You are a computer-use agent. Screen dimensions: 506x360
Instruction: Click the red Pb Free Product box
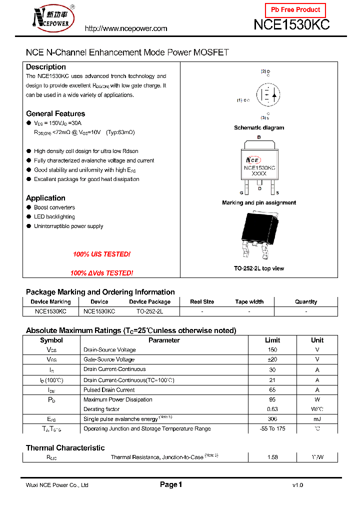[295, 10]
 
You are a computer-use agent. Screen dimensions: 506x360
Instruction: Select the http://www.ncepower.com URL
[126, 28]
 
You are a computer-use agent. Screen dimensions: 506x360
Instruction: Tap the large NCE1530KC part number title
[291, 25]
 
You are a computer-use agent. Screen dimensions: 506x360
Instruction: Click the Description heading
[46, 67]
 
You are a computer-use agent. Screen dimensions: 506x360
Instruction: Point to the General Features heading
[55, 113]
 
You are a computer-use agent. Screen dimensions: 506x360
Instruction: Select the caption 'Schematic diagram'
[259, 128]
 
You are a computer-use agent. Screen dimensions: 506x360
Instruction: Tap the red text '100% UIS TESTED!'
[101, 254]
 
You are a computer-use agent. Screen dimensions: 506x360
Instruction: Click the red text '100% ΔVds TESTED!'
[101, 273]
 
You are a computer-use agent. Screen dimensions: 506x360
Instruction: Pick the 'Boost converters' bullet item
[54, 207]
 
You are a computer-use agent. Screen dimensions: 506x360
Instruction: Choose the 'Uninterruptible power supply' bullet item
[68, 226]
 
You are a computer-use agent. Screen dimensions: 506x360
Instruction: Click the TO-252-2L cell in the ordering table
[149, 311]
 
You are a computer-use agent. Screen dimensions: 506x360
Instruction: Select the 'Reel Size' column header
[202, 302]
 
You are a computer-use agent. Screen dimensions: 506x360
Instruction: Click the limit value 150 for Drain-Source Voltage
[272, 350]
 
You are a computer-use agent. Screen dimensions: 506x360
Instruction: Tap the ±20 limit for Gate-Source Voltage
[272, 359]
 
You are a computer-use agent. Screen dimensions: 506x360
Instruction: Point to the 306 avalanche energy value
[272, 419]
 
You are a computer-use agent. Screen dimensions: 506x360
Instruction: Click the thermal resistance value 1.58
[272, 457]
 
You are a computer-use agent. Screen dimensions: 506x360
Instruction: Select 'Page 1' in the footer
[171, 484]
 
